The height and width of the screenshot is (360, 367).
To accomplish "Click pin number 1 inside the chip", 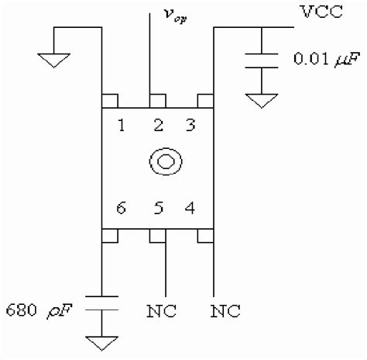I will [x=122, y=126].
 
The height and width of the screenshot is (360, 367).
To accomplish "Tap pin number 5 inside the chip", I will [x=157, y=208].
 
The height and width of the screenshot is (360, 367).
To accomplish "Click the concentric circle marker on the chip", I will [x=163, y=161].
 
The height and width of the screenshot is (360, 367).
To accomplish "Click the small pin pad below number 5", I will [x=157, y=234].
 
